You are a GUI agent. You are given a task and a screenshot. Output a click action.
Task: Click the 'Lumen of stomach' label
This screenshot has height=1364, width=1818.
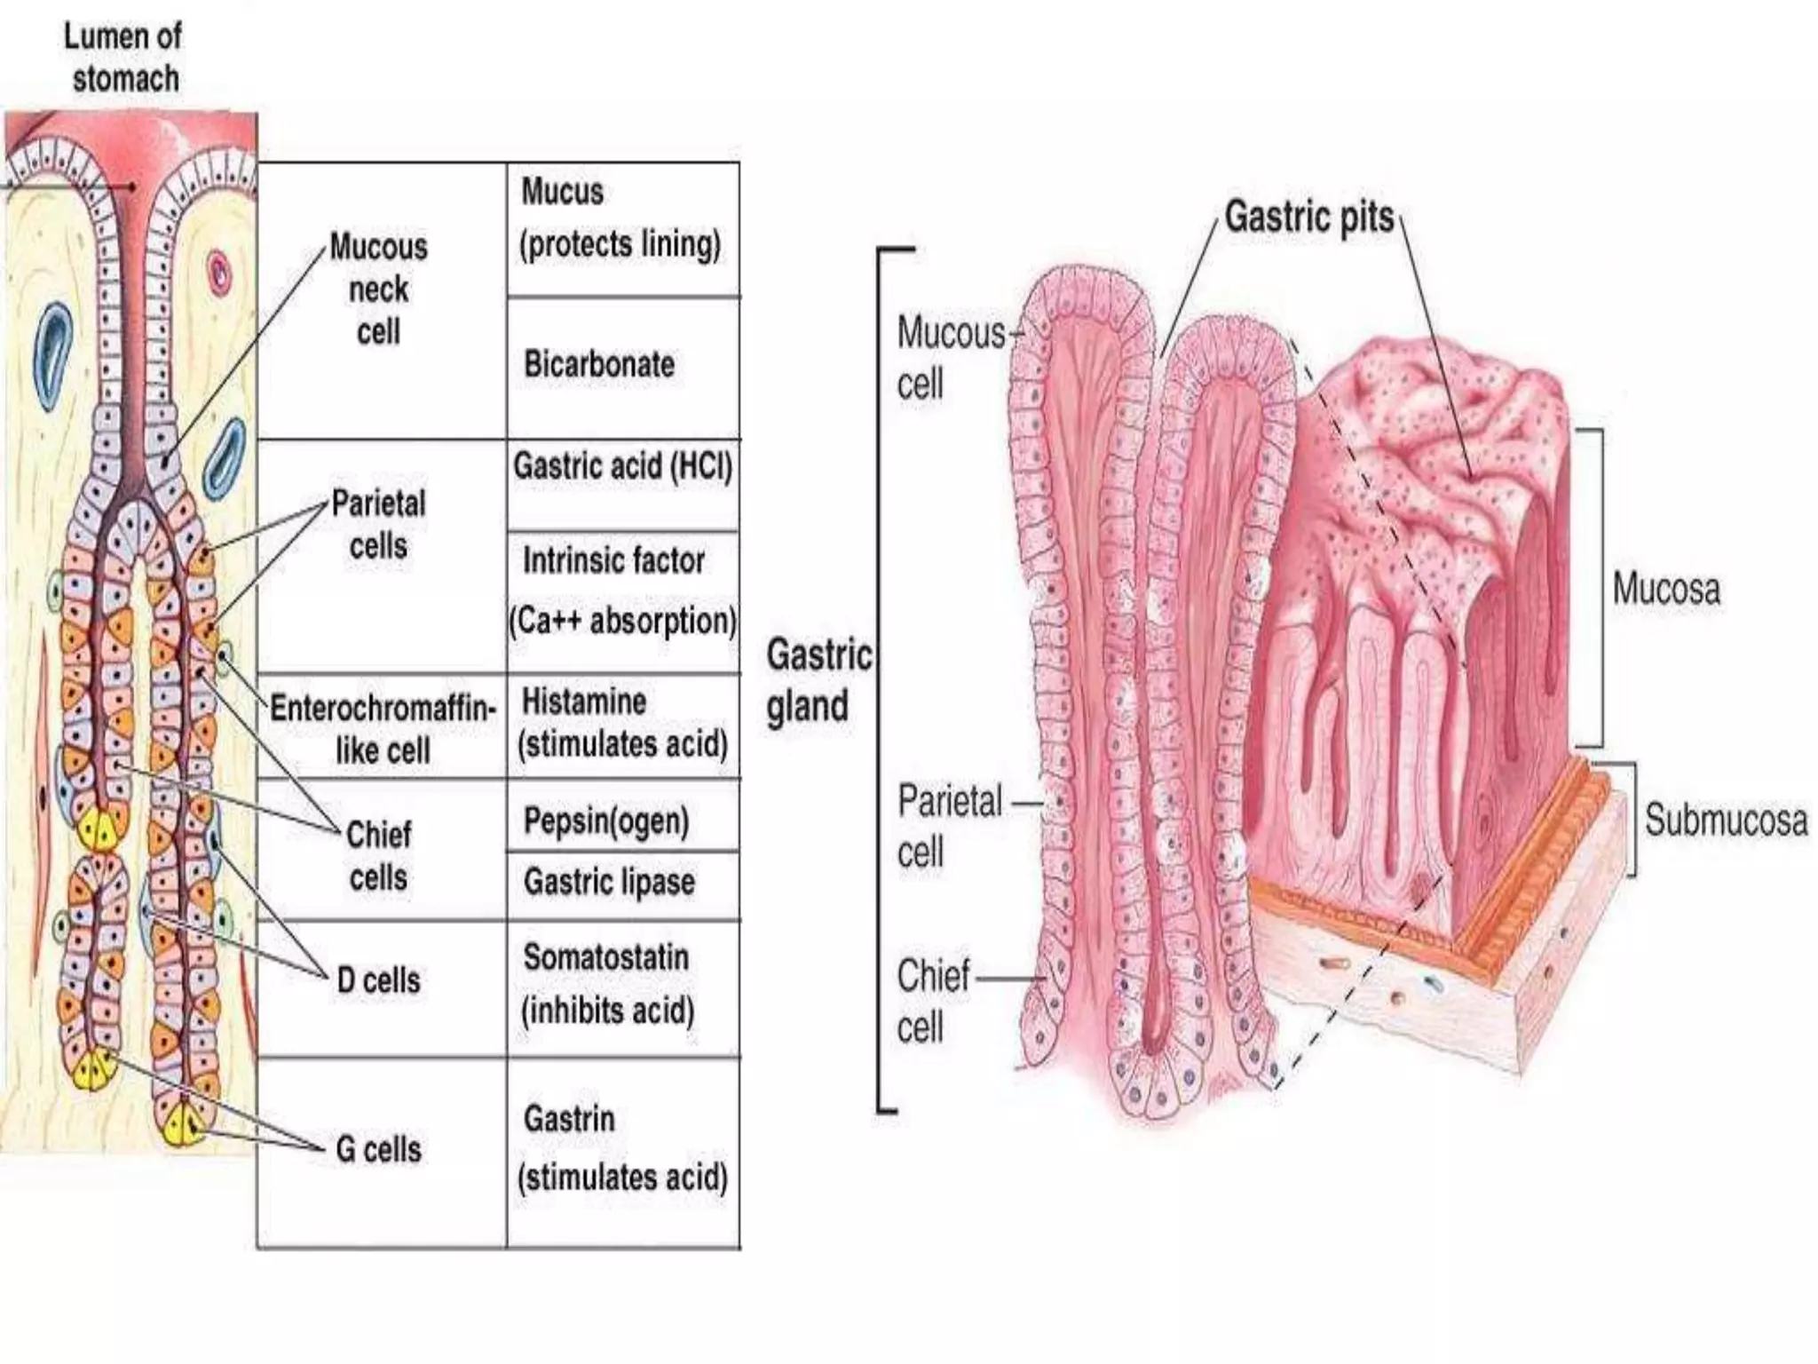123,58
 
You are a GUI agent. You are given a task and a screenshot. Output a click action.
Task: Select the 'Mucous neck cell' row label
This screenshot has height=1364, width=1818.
379,289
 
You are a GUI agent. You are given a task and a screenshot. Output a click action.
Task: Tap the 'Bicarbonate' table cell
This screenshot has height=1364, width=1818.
599,364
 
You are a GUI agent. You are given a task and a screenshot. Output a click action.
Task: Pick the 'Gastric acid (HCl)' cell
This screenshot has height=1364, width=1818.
622,466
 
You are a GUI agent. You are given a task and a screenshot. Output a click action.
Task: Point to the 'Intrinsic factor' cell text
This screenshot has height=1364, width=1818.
613,560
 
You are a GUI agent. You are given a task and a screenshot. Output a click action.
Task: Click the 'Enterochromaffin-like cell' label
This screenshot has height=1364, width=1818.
383,729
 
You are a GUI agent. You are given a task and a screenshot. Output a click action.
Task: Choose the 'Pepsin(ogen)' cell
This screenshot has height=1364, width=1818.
606,821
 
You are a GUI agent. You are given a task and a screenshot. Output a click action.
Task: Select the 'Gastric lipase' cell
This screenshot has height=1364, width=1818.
609,882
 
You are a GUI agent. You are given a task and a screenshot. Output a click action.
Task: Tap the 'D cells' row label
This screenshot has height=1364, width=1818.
379,980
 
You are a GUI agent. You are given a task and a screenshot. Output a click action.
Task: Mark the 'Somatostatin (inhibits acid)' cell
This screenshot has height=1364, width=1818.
607,984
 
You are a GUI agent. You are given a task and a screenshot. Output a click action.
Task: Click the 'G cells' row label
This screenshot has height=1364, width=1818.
379,1149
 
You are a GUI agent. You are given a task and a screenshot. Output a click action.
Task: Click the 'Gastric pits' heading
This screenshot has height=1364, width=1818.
1309,217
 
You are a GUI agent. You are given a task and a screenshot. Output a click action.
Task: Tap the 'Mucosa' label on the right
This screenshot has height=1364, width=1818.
1666,589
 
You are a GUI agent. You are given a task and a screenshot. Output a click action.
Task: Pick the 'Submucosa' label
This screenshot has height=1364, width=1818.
1726,819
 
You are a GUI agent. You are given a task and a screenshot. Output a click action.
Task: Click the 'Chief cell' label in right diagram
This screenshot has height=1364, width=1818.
933,1001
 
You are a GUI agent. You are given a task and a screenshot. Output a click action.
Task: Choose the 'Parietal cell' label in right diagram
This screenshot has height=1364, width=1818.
949,826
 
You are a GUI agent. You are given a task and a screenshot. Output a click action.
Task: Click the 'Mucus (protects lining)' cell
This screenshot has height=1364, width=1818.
620,218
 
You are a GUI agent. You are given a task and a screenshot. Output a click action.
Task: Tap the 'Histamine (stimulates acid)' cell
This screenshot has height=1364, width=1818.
621,723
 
